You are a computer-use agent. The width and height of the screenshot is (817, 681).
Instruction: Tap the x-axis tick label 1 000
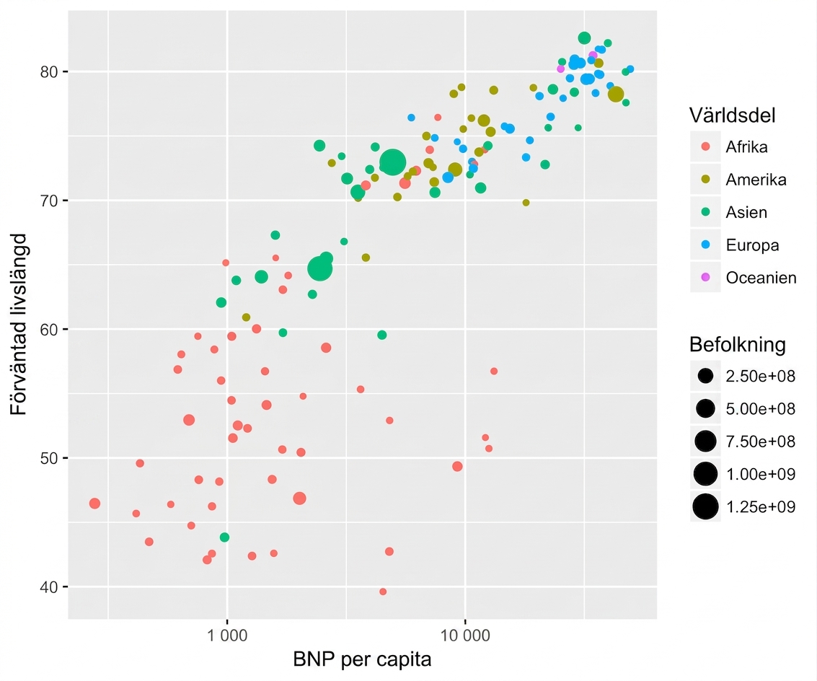[x=227, y=635]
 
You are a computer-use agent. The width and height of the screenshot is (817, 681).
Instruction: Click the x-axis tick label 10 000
[x=465, y=635]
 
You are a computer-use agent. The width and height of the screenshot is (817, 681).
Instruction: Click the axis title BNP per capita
[x=362, y=659]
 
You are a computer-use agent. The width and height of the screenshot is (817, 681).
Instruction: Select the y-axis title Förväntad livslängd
[x=19, y=325]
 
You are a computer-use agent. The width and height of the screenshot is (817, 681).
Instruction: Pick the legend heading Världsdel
[x=732, y=115]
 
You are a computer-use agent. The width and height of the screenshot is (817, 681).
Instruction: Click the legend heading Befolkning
[x=737, y=345]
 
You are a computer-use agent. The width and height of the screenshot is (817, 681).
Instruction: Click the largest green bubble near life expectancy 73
[x=392, y=162]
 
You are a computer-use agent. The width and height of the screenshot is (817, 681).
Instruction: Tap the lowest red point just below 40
[x=383, y=592]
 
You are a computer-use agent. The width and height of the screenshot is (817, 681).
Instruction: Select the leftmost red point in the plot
[x=94, y=504]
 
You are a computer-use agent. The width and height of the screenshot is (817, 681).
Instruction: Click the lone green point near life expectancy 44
[x=224, y=537]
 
